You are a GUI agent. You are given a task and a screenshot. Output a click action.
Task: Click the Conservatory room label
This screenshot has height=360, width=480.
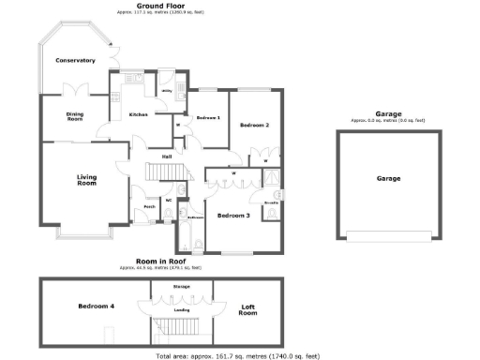[x=75, y=60]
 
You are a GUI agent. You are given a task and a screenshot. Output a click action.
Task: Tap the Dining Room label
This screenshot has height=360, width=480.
[x=74, y=116]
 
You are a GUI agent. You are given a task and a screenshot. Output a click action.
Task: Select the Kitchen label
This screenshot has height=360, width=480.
[x=138, y=114]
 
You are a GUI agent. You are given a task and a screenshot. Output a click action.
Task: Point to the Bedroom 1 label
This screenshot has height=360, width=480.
[x=208, y=118]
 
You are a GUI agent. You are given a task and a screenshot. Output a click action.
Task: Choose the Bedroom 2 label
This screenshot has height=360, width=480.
[x=254, y=125]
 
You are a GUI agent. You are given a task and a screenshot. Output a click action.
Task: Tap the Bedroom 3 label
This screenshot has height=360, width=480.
[x=233, y=216]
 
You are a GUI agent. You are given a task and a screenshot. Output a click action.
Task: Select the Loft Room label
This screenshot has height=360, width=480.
[x=247, y=308]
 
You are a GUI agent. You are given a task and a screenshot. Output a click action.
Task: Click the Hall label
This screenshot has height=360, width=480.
[x=166, y=156]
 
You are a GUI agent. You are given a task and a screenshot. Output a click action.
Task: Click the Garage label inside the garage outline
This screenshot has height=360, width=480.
[x=388, y=178]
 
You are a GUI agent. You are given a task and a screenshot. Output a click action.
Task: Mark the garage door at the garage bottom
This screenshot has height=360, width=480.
[x=388, y=234]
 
